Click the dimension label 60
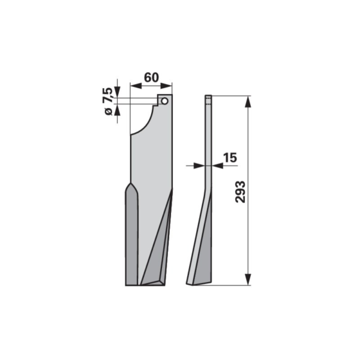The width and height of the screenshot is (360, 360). point(151,77)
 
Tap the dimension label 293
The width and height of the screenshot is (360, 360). point(241,192)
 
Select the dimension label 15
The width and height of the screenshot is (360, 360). point(230,158)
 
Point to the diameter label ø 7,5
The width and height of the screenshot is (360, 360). point(108,101)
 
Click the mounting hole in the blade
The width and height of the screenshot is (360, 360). point(164,101)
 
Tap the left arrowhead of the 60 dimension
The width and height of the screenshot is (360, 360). point(136,86)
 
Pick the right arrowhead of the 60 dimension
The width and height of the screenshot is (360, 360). point(166,86)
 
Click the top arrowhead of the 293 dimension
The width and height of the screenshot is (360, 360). point(248,102)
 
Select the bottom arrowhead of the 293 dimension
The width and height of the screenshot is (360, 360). point(248,280)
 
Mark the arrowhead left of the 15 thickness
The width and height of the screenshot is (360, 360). point(199,166)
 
